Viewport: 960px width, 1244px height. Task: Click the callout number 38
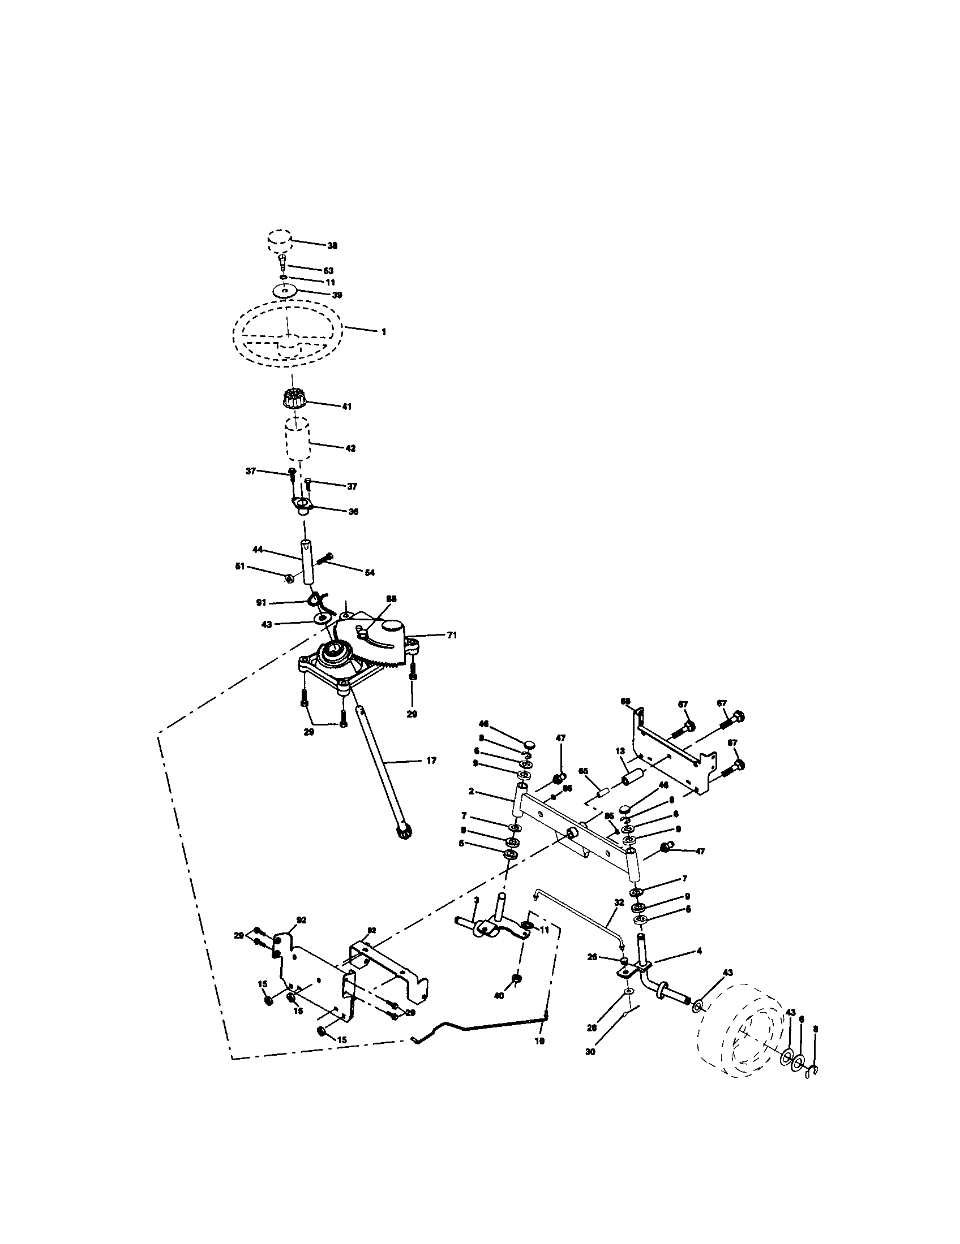[x=332, y=245]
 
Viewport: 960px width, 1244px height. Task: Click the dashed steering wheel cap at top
[x=279, y=243]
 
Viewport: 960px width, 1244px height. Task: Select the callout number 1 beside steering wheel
[x=384, y=331]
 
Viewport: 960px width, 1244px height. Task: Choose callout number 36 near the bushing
[x=353, y=512]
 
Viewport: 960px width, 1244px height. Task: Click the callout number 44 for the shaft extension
[x=257, y=549]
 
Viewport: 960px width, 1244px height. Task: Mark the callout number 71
[x=452, y=635]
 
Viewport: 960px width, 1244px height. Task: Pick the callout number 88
[x=391, y=599]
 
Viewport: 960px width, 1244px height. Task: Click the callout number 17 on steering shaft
[x=431, y=761]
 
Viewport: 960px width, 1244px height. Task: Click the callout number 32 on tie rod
[x=619, y=903]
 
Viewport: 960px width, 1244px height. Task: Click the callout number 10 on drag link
[x=539, y=1040]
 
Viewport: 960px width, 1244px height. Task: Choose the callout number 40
[x=499, y=996]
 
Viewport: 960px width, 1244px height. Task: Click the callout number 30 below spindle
[x=590, y=1052]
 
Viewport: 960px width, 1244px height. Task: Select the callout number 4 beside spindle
[x=699, y=951]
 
